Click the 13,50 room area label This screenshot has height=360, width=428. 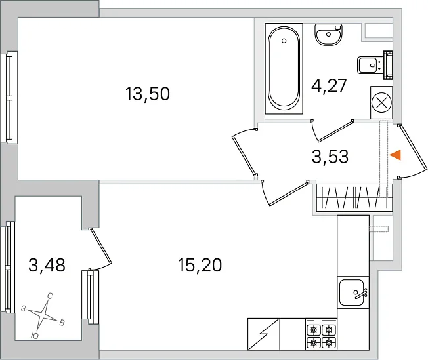148,94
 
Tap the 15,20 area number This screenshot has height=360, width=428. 200,265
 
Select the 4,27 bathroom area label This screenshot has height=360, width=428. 329,86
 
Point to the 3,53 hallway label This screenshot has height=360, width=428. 330,157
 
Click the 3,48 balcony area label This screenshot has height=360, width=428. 47,265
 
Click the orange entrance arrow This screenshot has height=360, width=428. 395,155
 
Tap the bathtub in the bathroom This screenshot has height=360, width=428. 284,68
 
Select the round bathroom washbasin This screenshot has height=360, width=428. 329,34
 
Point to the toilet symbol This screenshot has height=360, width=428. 375,65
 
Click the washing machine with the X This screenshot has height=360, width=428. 381,102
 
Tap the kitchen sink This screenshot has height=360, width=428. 352,292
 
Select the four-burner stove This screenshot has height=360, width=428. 321,334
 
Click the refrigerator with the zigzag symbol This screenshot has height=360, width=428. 264,334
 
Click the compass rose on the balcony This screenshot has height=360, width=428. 43,315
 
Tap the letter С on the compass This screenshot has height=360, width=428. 50,296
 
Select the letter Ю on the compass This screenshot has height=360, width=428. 34,336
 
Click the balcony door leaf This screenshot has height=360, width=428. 100,246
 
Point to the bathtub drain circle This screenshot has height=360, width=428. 284,41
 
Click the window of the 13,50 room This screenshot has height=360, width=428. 9,97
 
